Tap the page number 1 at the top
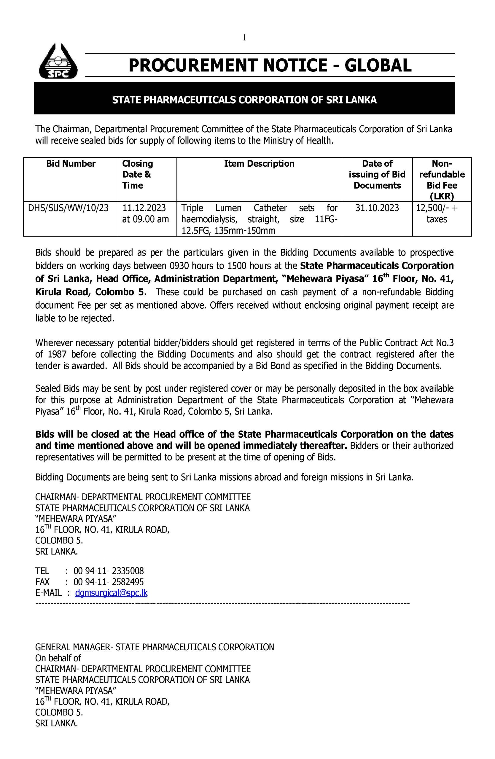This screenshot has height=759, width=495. click(244, 38)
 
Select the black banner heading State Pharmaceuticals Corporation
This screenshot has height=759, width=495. click(244, 100)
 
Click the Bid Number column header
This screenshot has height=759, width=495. click(71, 164)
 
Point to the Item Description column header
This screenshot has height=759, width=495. click(259, 164)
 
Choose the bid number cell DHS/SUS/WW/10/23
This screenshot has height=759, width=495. click(68, 208)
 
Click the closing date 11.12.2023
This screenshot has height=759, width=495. click(144, 208)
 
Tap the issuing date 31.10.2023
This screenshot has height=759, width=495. click(377, 208)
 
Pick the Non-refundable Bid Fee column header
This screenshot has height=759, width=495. click(442, 180)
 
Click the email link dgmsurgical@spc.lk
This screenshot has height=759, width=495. click(111, 593)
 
